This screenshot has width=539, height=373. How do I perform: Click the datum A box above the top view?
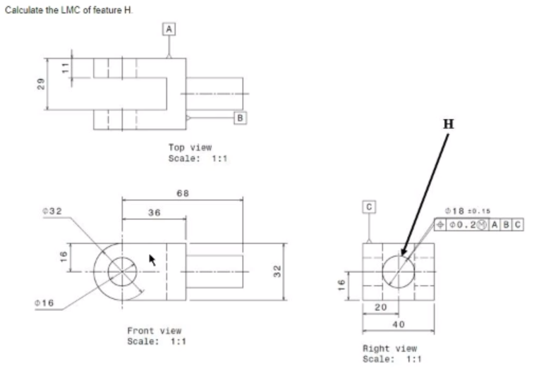point(169,28)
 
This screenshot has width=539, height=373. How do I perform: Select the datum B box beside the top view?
point(240,118)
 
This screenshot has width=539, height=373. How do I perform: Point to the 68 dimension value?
point(183,193)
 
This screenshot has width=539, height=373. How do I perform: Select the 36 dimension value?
point(154,213)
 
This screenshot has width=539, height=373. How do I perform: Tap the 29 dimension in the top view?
point(42,84)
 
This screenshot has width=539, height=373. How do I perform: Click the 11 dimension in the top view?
point(64,67)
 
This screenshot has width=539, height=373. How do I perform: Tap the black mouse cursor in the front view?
point(151,260)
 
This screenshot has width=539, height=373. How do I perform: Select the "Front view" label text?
point(154,330)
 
